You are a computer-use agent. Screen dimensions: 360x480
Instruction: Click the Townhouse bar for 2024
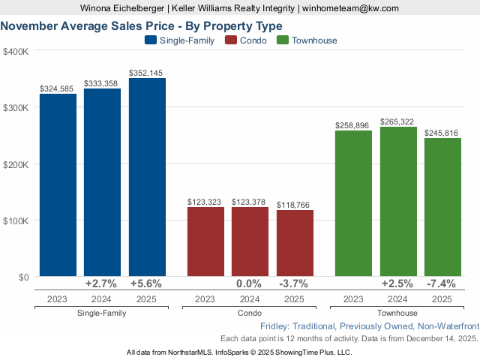coord(398,202)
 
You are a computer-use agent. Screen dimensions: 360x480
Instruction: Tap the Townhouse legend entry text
coord(314,40)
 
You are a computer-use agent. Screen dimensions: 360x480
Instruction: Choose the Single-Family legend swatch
coord(150,40)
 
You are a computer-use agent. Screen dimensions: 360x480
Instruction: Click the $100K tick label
coord(16,220)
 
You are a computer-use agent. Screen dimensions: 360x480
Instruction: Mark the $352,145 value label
coord(147,73)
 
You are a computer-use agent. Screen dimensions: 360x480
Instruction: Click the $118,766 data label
coord(295,205)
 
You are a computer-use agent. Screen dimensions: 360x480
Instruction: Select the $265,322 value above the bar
coord(398,121)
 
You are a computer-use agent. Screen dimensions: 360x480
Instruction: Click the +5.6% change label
coord(147,284)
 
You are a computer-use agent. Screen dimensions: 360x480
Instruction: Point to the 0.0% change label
coord(250,284)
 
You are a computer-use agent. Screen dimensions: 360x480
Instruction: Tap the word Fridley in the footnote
coord(277,327)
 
